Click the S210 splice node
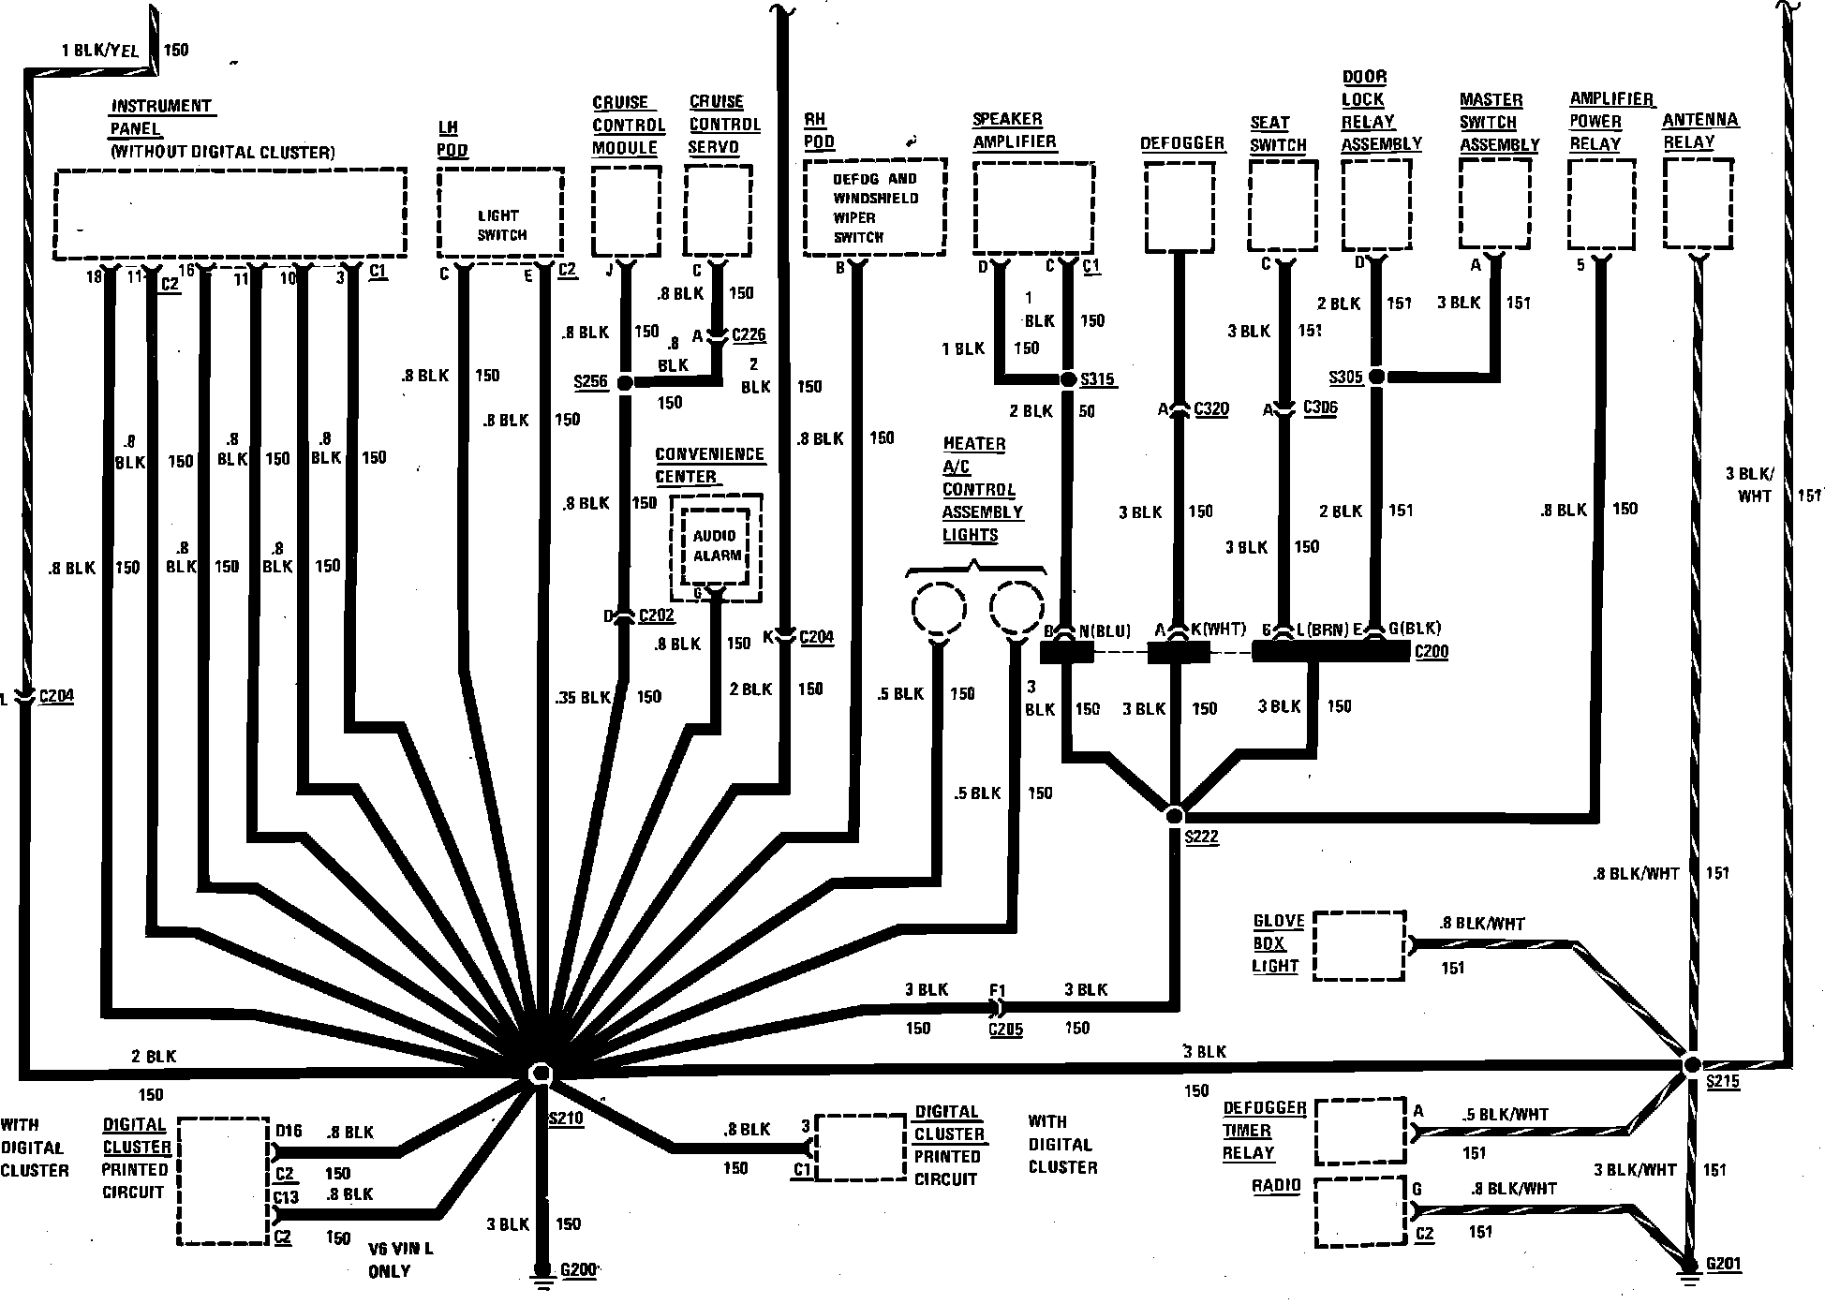tap(541, 1074)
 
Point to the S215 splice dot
tap(1691, 1065)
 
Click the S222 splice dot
tap(1175, 815)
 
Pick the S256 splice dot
tap(625, 381)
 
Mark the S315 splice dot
tap(1068, 379)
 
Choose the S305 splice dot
tap(1375, 377)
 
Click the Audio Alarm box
tap(716, 545)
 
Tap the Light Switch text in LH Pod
tap(502, 226)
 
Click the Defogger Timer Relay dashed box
tap(1360, 1132)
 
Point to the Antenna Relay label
tap(1699, 131)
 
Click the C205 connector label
tap(1005, 1030)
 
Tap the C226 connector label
tap(749, 334)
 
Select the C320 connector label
tap(1211, 409)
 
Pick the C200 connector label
tap(1431, 652)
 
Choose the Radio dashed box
tap(1360, 1213)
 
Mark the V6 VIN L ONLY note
tap(401, 1260)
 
